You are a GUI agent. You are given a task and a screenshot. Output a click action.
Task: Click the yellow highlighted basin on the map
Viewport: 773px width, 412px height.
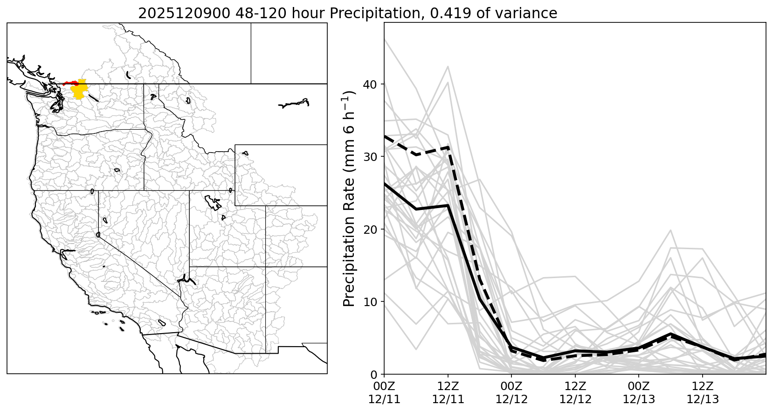point(79,90)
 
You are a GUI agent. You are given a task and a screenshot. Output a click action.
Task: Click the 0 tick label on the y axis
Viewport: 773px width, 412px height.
point(376,374)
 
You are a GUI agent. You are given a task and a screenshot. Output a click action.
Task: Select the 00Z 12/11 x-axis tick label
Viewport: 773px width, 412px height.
point(384,393)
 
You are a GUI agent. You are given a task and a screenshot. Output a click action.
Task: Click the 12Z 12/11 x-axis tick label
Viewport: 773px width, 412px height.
point(448,393)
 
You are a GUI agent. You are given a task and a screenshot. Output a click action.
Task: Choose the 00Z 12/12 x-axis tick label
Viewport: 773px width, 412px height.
point(511,393)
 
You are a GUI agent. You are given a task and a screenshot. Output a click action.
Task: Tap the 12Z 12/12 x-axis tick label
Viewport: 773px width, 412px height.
point(575,393)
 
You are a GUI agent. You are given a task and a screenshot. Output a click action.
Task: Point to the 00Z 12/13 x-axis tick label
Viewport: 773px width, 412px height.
point(639,393)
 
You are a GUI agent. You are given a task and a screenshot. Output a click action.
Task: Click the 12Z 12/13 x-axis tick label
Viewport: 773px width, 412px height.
point(703,393)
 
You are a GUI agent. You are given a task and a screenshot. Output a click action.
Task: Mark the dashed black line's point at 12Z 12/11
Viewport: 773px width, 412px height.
point(448,147)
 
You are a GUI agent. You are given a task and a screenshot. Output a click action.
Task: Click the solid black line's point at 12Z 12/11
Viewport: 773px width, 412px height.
point(448,205)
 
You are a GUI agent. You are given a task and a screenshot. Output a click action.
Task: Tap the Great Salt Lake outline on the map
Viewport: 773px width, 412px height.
point(213,203)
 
